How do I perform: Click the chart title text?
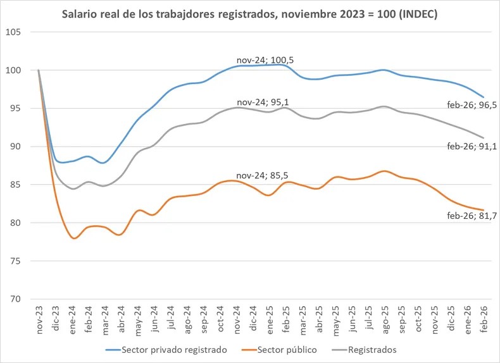tap(249, 14)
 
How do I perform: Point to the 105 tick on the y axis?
tap(15, 32)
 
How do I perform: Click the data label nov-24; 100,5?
tap(265, 60)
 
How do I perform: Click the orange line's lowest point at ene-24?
tap(74, 238)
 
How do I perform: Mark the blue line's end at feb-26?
tap(484, 97)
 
